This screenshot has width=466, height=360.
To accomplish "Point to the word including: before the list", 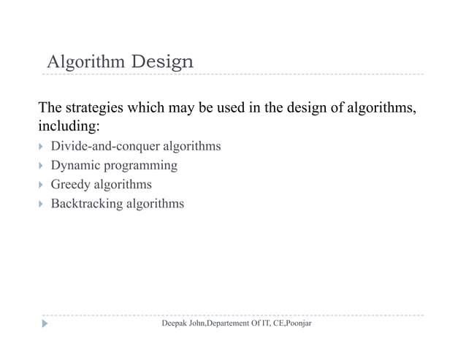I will [69, 127].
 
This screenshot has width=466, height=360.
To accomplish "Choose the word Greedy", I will [70, 184].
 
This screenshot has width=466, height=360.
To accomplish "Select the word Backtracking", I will [87, 203].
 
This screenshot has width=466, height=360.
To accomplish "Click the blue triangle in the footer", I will [45, 322].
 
